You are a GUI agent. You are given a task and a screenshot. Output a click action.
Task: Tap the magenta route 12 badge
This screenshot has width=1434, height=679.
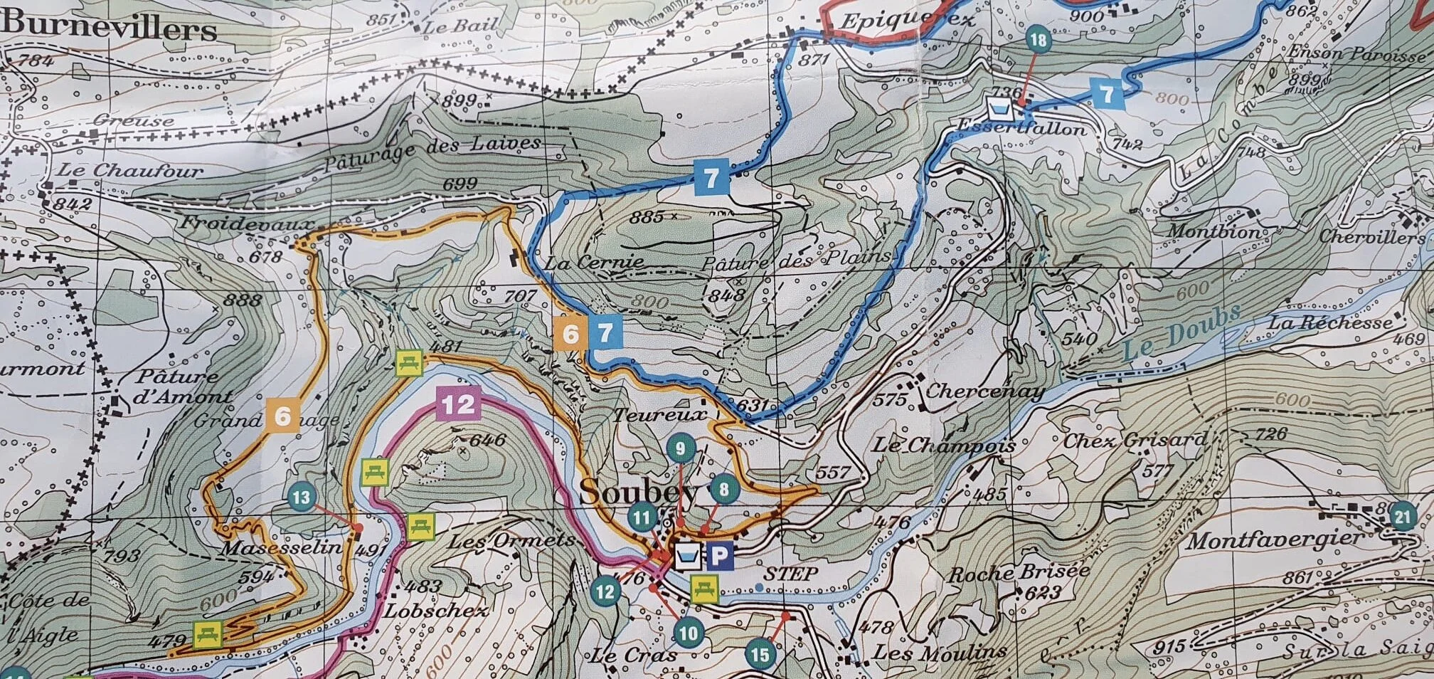coord(458,404)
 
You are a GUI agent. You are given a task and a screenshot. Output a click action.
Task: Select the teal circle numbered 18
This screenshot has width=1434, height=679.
coord(1039,40)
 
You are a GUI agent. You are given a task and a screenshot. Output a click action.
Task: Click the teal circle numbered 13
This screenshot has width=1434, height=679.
coord(302,496)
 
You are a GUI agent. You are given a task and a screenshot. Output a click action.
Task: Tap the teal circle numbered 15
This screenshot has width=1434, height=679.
coord(760,653)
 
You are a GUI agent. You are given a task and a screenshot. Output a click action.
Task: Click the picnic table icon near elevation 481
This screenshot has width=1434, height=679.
coord(410,362)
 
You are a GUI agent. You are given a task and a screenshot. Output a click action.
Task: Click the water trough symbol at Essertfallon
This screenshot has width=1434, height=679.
coord(1000,110)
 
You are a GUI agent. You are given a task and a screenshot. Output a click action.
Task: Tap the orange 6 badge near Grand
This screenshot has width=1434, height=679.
coord(282,416)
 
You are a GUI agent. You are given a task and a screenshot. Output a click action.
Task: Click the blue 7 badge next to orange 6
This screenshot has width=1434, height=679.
coord(605,333)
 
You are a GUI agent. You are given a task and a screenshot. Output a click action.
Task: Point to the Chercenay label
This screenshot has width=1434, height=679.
coord(984,391)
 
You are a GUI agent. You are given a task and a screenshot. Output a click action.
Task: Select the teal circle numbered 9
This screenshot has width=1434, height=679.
coord(681,448)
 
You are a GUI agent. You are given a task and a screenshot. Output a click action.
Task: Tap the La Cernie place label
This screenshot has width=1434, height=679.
coord(594,263)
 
